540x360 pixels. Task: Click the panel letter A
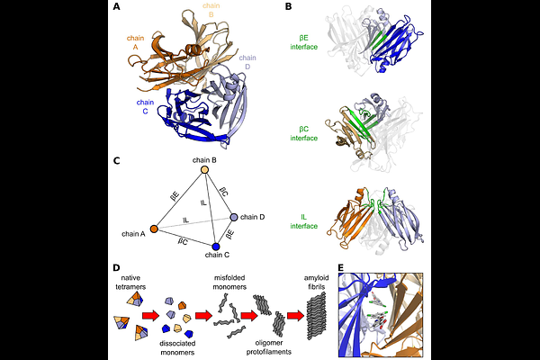(x=117, y=6)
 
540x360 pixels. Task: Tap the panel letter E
(x=341, y=267)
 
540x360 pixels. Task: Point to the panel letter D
(x=117, y=267)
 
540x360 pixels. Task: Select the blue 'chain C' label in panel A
(x=145, y=107)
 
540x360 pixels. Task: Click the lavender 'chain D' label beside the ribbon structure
(x=247, y=62)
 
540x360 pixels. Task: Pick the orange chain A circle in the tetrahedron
(x=154, y=229)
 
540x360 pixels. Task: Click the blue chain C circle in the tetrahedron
(x=216, y=247)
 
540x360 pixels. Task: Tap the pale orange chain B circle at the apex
(x=204, y=169)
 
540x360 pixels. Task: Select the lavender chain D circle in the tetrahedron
(x=234, y=217)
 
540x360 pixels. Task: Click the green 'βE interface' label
(x=304, y=42)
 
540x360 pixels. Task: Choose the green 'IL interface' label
(x=304, y=221)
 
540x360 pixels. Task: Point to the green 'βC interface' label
(x=304, y=134)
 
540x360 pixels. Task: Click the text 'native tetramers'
(x=130, y=282)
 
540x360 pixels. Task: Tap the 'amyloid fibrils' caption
(x=316, y=282)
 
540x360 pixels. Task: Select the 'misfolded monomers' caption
(x=229, y=282)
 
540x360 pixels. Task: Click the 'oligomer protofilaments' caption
(x=269, y=347)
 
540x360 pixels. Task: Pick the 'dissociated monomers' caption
(x=177, y=348)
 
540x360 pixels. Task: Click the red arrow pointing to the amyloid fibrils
(x=296, y=316)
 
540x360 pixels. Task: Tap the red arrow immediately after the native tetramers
(x=150, y=316)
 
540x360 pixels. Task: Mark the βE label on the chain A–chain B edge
(x=175, y=196)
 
